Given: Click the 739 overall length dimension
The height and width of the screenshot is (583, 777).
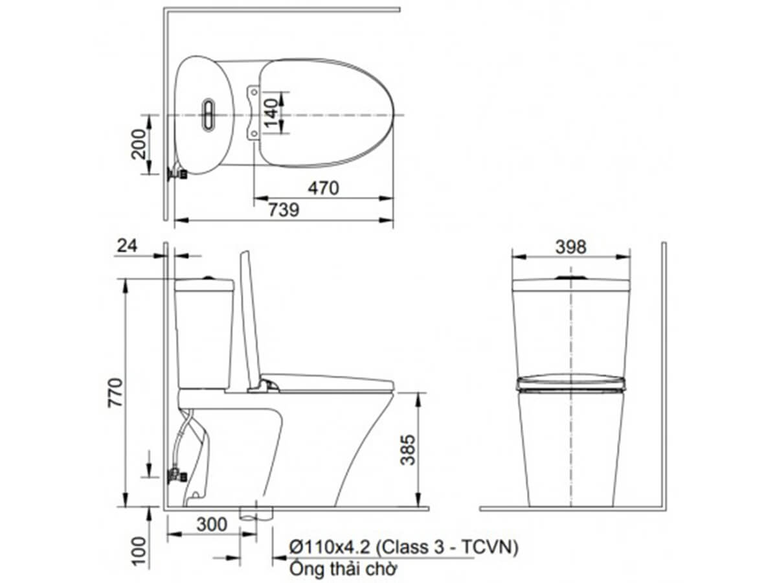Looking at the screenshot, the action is click(284, 210).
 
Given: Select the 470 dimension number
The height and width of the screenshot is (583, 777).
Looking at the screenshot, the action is click(323, 188).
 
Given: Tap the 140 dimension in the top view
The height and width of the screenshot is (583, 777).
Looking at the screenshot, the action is click(271, 113).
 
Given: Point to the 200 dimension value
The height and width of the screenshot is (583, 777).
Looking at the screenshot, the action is click(138, 144).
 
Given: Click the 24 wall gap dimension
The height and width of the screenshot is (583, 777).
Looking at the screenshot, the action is click(127, 246).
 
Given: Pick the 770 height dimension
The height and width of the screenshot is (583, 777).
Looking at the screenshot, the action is click(115, 393).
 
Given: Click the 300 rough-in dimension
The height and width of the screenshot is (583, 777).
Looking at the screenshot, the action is click(212, 524).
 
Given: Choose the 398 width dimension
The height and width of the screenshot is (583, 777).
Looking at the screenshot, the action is click(570, 247).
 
